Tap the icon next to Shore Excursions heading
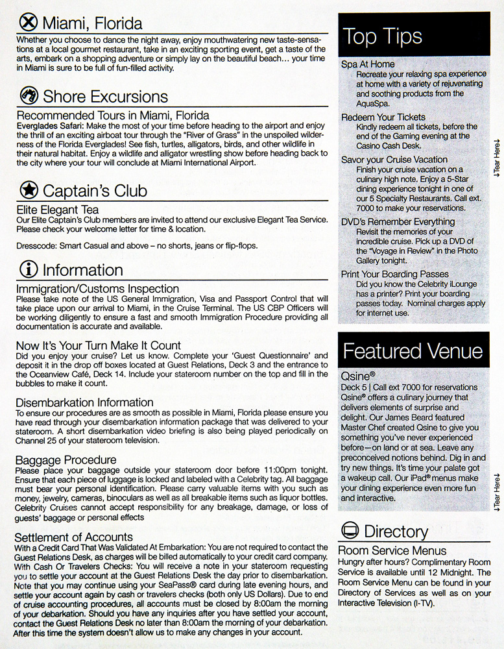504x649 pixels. [28, 97]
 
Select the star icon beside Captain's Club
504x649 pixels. [28, 190]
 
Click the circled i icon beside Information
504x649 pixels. [28, 269]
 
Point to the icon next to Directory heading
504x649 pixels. [350, 532]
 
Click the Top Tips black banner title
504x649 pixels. [382, 36]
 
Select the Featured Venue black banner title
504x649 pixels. [413, 351]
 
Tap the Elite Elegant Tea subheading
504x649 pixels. [57, 210]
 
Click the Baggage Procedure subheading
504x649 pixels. [66, 460]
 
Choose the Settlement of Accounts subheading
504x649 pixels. [73, 537]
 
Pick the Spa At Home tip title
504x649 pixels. [368, 64]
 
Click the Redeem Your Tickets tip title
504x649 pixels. [383, 117]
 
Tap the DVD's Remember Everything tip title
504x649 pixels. [398, 221]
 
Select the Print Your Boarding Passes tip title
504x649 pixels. [395, 274]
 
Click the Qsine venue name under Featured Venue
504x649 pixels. [357, 376]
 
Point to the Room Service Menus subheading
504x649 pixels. [392, 551]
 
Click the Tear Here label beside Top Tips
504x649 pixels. [496, 157]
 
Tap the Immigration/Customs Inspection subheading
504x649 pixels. [97, 288]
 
